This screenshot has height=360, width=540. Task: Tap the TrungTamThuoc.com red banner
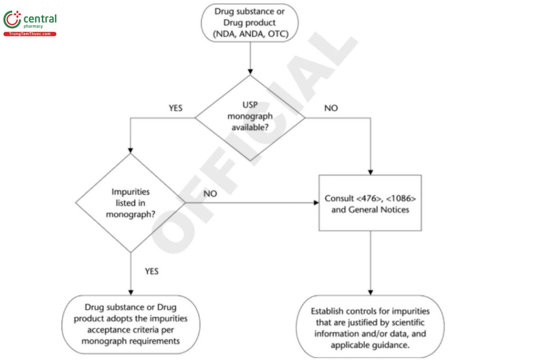(x=30, y=34)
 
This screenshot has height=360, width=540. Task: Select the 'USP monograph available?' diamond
(x=250, y=117)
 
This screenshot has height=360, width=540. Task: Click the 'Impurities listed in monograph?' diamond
(x=130, y=203)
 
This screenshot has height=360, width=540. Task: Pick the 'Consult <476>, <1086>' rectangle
(x=370, y=203)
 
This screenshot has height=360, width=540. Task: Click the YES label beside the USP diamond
(x=175, y=108)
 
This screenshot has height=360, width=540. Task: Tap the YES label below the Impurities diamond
(x=152, y=271)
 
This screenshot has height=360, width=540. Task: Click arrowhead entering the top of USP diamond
(x=250, y=71)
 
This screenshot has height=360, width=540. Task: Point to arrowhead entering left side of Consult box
(x=316, y=203)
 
